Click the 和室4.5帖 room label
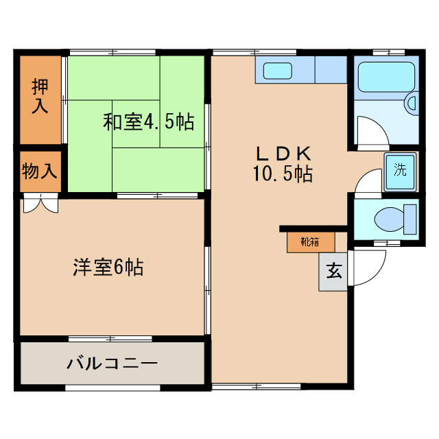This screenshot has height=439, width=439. click(x=148, y=122)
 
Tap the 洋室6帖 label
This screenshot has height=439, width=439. click(x=108, y=267)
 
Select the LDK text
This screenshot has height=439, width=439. click(x=284, y=153)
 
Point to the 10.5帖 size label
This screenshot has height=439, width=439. click(x=283, y=174)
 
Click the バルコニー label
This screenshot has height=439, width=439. click(x=112, y=363)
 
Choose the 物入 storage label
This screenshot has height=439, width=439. click(x=39, y=171)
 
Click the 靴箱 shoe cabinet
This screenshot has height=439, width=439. click(x=310, y=241)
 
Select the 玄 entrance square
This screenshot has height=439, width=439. click(x=333, y=271)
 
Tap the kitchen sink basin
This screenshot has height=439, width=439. click(x=278, y=71)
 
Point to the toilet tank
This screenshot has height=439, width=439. click(x=410, y=219)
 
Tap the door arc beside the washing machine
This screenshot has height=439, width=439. click(x=367, y=182)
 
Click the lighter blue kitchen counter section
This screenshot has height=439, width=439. click(x=331, y=69)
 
